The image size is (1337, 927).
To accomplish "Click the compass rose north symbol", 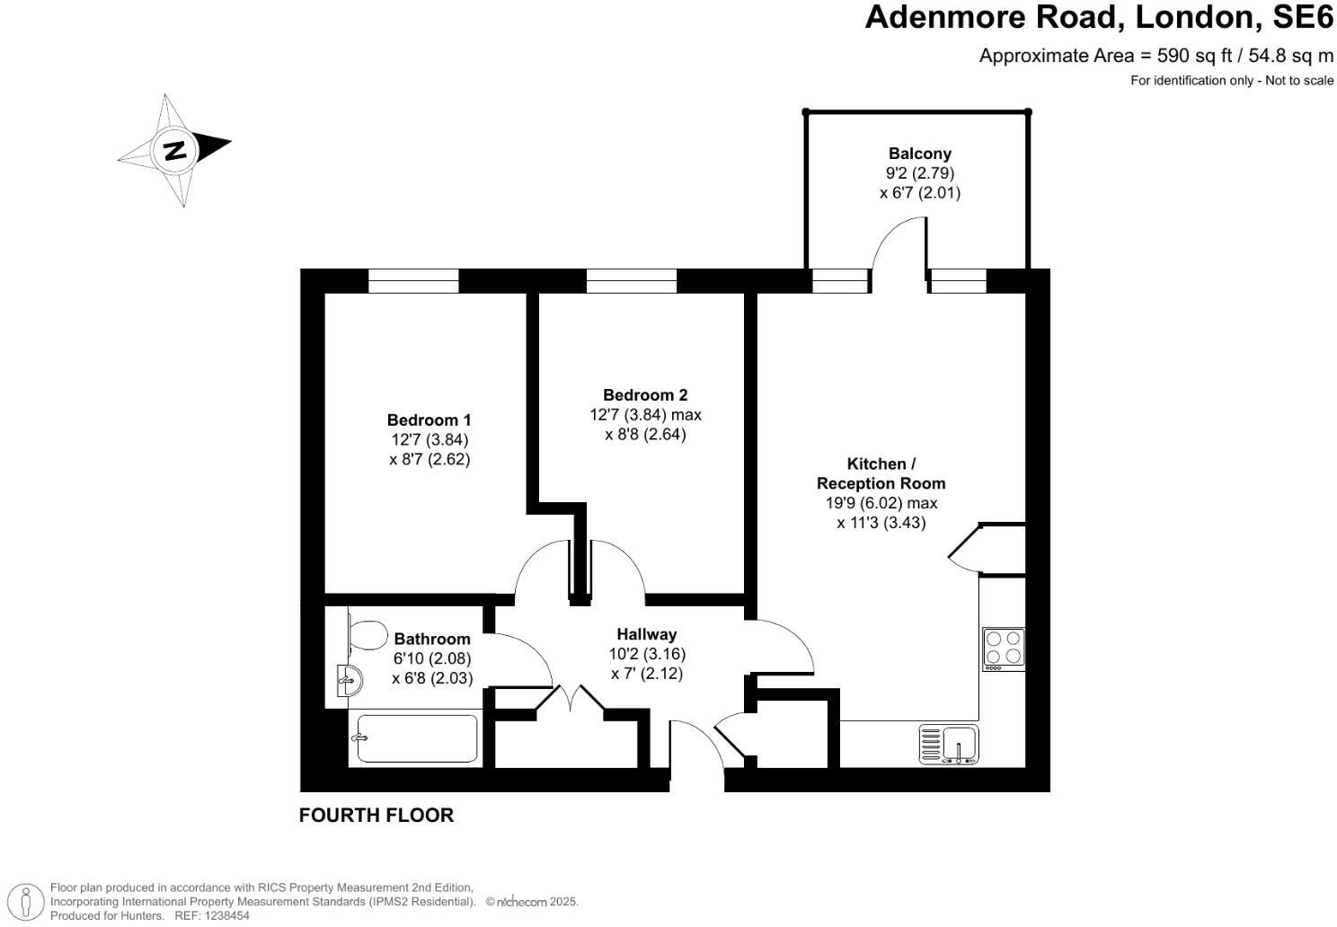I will click(174, 150).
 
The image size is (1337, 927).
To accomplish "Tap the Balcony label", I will click(919, 154).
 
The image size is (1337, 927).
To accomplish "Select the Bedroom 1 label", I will click(429, 419).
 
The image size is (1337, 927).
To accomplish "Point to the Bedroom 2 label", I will click(645, 394).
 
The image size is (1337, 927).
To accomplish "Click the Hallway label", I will click(647, 634).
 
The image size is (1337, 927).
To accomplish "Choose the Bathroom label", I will click(432, 639).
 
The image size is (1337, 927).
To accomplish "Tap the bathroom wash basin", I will click(350, 680).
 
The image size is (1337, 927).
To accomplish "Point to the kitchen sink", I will click(949, 745).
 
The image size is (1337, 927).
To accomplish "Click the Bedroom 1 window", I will click(413, 281).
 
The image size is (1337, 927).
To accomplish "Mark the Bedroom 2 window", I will click(631, 281).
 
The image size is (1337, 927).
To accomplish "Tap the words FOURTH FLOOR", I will click(376, 816).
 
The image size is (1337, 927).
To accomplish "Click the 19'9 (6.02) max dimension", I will click(881, 503).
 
